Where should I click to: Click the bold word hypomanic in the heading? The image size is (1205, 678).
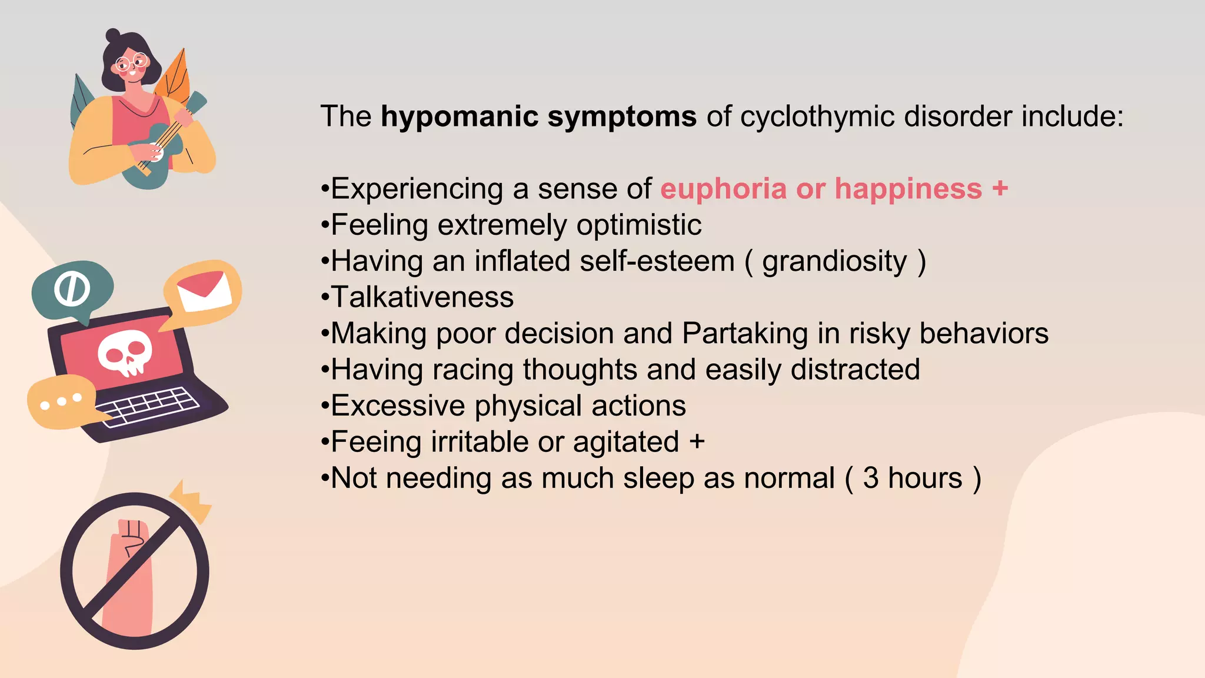click(x=460, y=117)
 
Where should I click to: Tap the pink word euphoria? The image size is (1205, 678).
click(x=723, y=189)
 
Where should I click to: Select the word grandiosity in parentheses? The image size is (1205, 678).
click(x=834, y=261)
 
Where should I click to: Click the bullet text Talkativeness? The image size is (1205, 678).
click(x=422, y=297)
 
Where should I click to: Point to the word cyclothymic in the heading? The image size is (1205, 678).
click(x=817, y=117)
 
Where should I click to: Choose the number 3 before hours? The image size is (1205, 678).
click(x=871, y=478)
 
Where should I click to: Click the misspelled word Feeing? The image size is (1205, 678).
click(x=376, y=442)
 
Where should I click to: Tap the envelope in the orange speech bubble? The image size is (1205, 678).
click(x=204, y=290)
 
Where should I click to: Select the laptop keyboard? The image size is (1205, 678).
click(x=148, y=406)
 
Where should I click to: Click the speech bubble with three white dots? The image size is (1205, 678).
click(x=61, y=402)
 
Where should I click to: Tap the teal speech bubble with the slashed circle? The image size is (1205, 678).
click(x=72, y=289)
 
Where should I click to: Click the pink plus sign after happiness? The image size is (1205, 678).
click(x=1000, y=189)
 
